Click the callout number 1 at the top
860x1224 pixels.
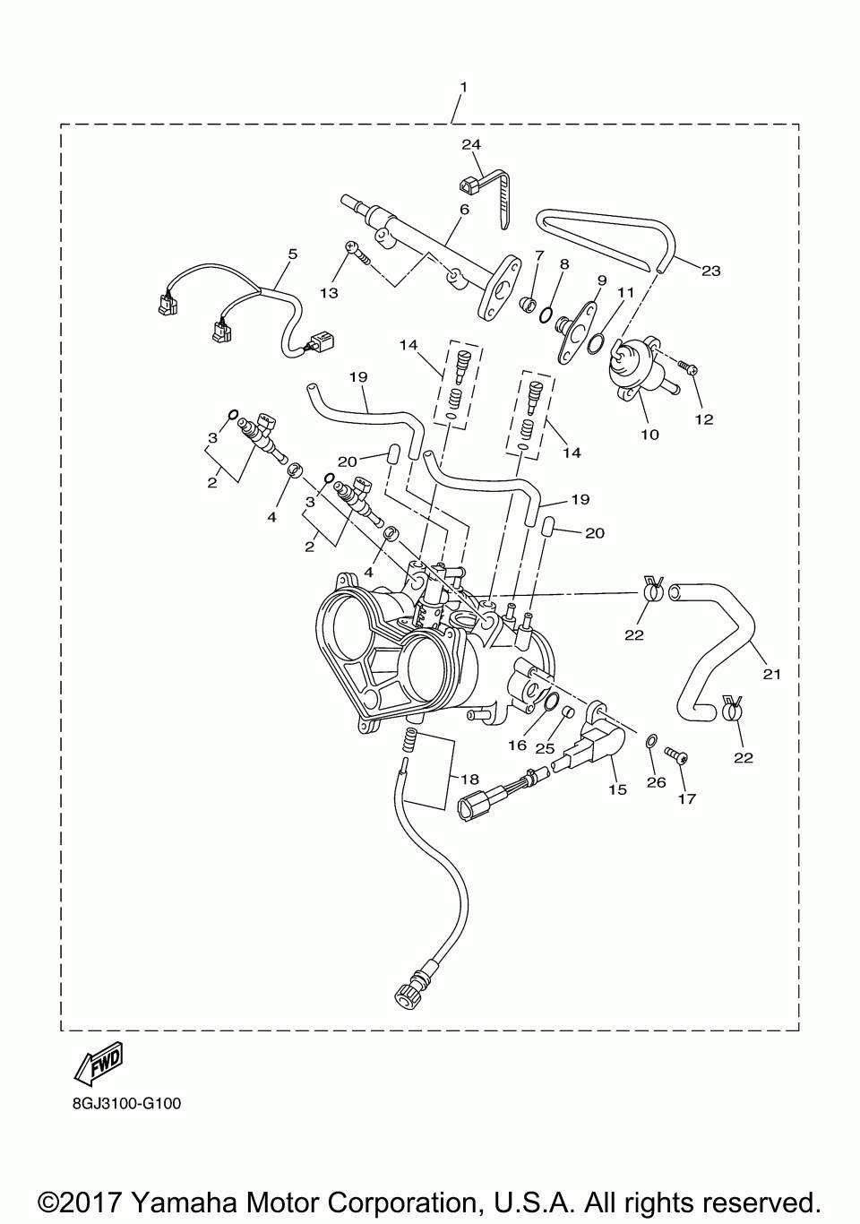point(463,87)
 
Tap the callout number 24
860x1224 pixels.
point(471,144)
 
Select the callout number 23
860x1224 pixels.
point(710,271)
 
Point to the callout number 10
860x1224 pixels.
point(649,435)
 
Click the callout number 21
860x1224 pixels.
point(771,674)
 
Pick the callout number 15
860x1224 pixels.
point(617,789)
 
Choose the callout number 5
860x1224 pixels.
point(292,254)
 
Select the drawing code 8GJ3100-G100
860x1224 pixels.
point(127,1104)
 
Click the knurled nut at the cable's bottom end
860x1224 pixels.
point(405,992)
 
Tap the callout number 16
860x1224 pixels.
point(518,745)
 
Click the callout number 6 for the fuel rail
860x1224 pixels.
point(464,210)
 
